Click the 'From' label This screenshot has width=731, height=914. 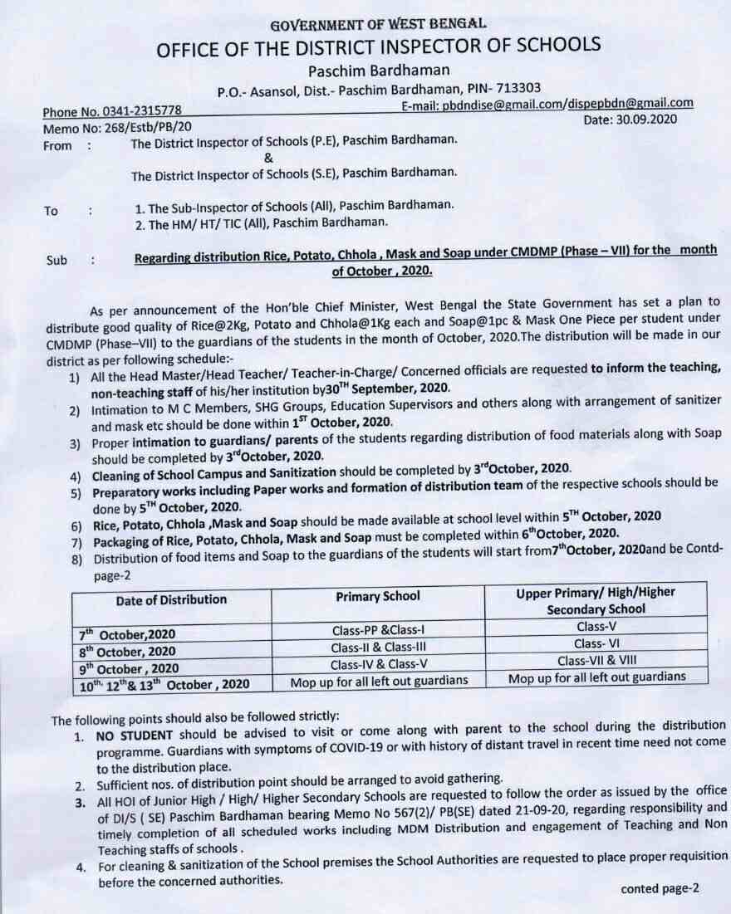[x=57, y=144]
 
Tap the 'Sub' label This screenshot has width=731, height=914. [x=56, y=260]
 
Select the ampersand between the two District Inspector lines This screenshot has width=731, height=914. [x=267, y=159]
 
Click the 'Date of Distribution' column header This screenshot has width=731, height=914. [x=171, y=599]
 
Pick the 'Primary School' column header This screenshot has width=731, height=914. [x=378, y=596]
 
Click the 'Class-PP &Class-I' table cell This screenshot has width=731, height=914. [x=378, y=631]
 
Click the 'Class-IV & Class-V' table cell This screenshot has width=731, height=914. [x=378, y=664]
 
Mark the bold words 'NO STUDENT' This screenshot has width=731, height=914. [x=134, y=736]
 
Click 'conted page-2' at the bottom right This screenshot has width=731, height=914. [x=660, y=888]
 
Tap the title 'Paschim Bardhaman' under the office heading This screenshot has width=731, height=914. [x=366, y=70]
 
